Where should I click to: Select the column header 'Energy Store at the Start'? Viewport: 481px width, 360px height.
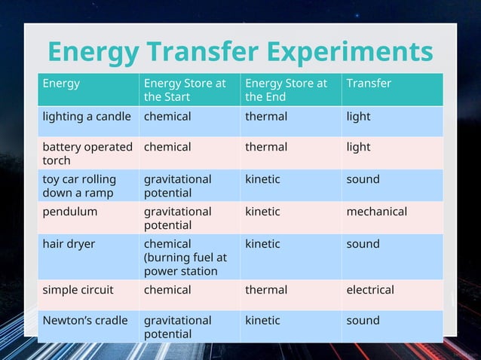pos(185,90)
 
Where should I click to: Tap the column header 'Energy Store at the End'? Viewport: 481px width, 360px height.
pos(286,90)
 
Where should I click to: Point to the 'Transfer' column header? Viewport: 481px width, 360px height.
pos(369,84)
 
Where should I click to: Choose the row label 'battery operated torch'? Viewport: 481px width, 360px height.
pos(87,154)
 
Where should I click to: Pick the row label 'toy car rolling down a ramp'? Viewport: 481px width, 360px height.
pos(79,186)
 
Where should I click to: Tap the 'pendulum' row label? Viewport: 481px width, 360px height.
pos(70,212)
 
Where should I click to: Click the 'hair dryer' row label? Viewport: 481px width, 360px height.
pos(69,244)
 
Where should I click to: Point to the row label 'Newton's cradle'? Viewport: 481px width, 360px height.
pos(85,321)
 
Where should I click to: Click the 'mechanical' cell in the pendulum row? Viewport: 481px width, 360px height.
pos(376,212)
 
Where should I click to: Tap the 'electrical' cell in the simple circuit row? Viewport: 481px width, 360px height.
pos(369,290)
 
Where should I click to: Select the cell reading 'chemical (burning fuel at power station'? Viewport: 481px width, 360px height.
pos(185,258)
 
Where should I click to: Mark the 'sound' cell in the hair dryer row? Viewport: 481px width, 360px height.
pos(363,244)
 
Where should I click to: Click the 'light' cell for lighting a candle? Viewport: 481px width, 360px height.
pos(358,117)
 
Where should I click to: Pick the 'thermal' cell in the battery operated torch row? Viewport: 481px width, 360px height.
pos(266,147)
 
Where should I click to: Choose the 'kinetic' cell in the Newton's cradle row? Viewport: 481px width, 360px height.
pos(262,321)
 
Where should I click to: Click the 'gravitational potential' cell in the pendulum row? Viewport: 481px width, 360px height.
pos(178,218)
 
